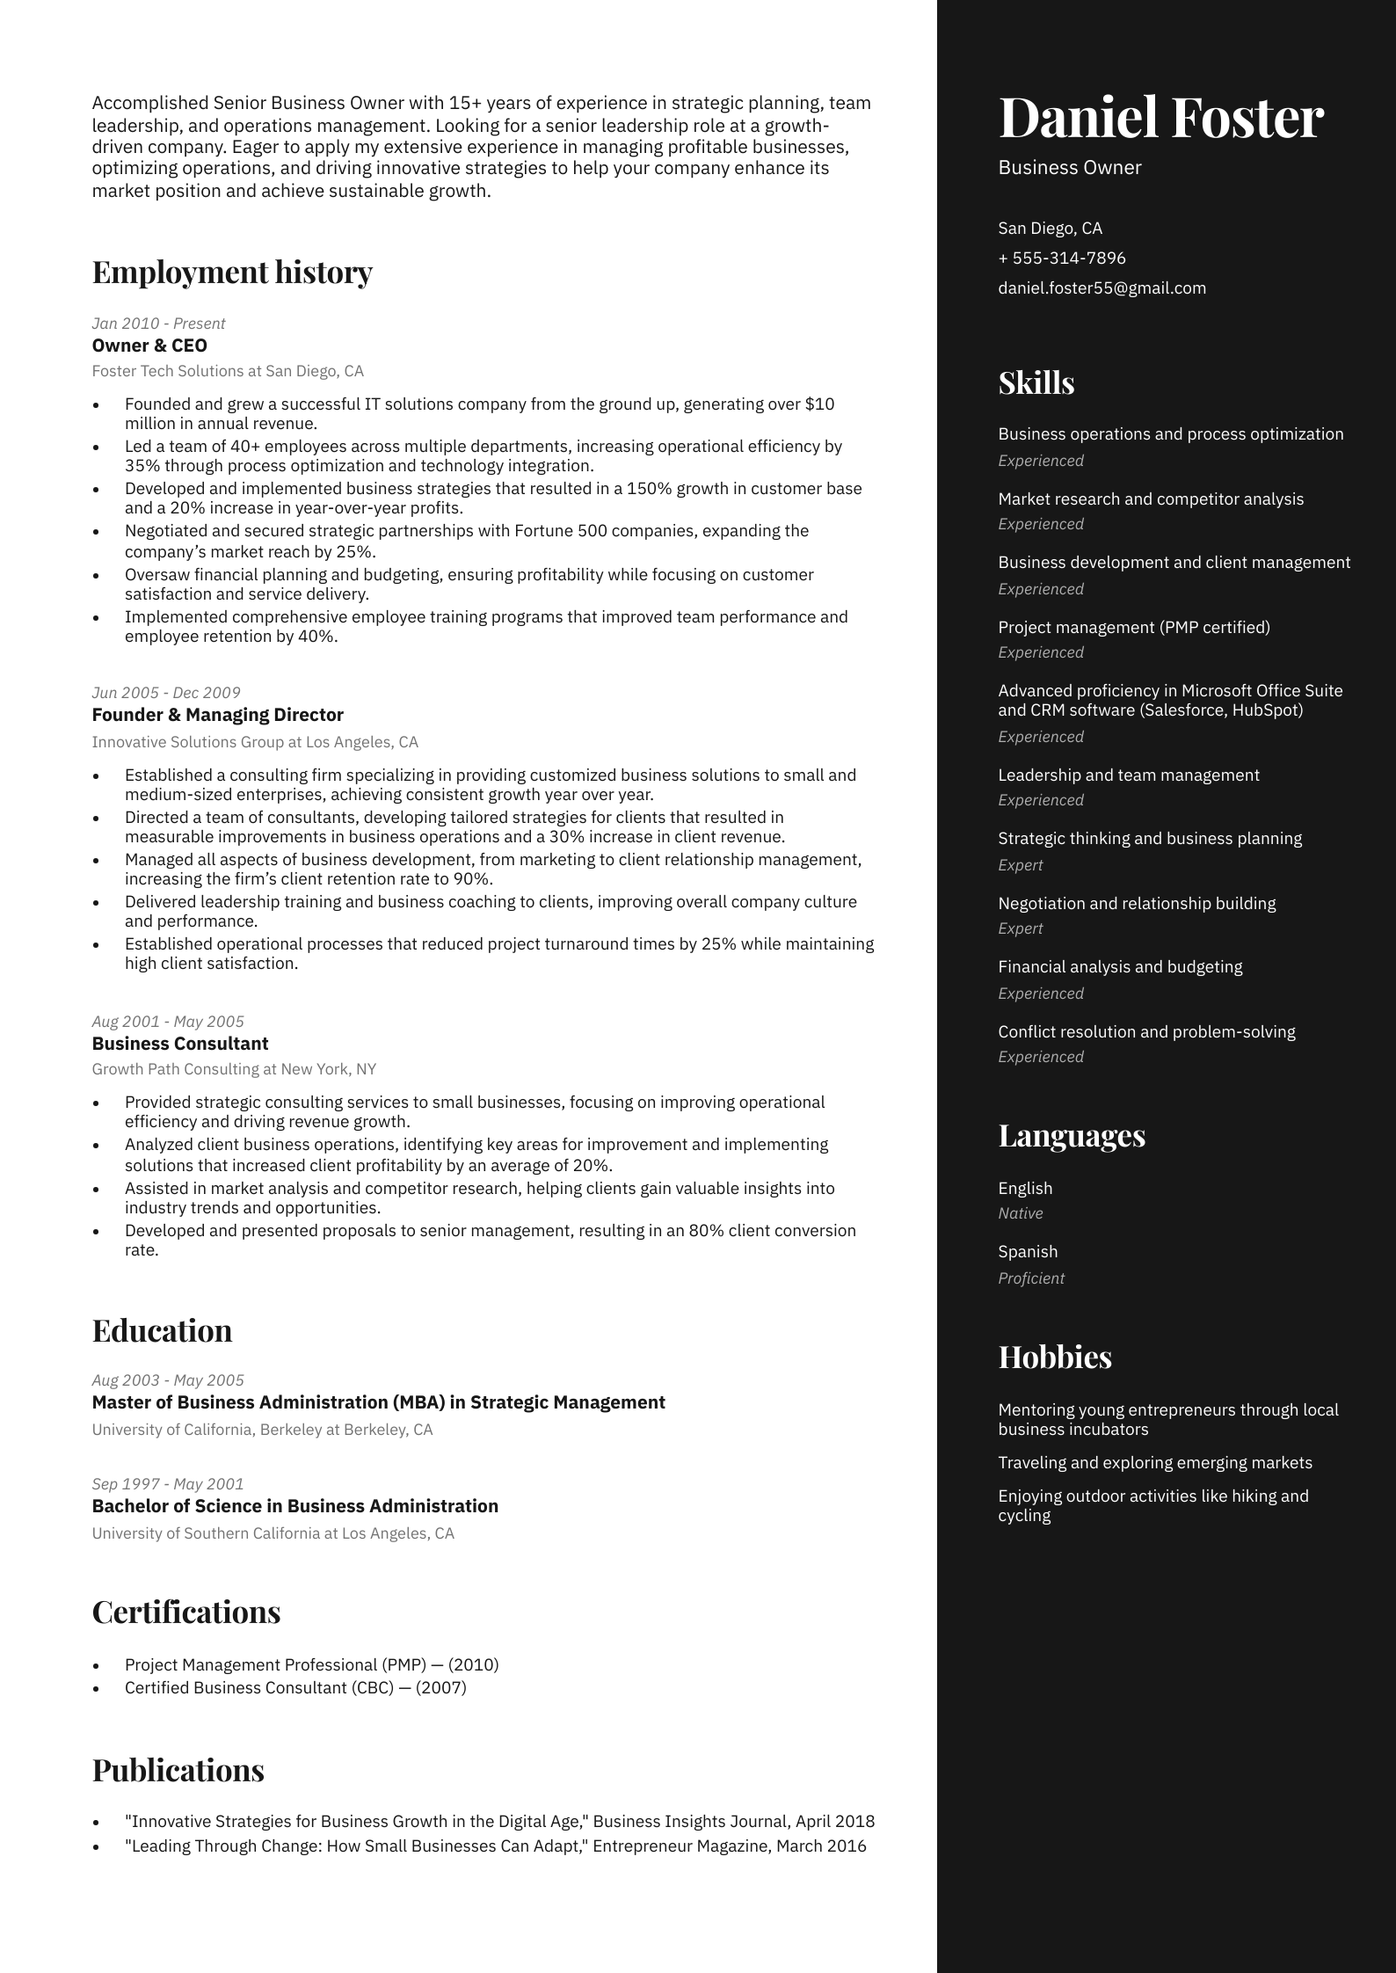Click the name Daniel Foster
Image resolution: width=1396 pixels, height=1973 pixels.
point(1160,118)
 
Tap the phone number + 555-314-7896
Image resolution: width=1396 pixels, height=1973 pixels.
point(1061,258)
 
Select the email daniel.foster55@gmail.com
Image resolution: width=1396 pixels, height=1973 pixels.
point(1102,288)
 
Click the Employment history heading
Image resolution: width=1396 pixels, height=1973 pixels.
point(232,273)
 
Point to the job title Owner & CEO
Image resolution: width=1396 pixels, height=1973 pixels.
point(149,346)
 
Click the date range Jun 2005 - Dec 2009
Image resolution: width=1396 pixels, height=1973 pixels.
point(166,693)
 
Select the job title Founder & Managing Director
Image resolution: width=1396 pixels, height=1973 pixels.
point(217,715)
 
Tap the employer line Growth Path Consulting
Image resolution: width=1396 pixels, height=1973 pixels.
point(234,1069)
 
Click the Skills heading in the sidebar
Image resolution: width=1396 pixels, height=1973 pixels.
point(1036,383)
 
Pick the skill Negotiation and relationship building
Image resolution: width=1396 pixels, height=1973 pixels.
point(1137,904)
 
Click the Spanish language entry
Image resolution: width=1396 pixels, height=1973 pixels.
point(1028,1252)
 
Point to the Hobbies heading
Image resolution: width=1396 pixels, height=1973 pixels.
point(1055,1358)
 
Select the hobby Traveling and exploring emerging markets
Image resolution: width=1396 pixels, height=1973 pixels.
point(1154,1463)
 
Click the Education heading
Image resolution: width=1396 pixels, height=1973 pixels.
point(162,1331)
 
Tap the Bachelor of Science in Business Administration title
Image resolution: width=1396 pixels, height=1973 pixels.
point(294,1506)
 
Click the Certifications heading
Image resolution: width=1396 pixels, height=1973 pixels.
point(186,1613)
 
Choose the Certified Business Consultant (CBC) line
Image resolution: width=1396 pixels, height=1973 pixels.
point(295,1688)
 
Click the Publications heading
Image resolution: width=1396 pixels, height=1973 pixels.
point(178,1771)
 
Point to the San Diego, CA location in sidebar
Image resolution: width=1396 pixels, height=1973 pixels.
point(1050,229)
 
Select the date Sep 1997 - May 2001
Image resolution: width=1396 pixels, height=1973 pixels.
point(168,1484)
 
